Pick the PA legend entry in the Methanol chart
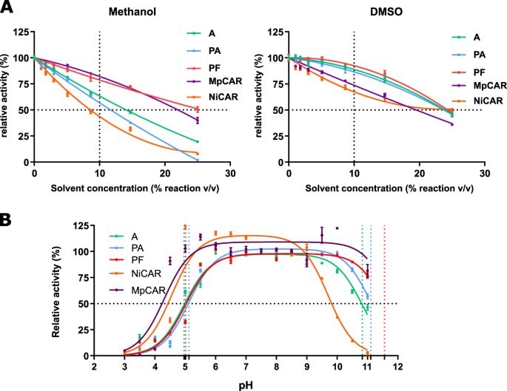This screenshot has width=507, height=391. click(x=197, y=50)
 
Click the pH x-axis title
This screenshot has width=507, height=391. click(x=246, y=384)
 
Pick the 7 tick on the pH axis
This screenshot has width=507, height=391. click(x=246, y=366)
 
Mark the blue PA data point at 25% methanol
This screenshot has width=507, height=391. click(x=198, y=160)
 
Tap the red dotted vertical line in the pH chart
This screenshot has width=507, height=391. click(x=384, y=296)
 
